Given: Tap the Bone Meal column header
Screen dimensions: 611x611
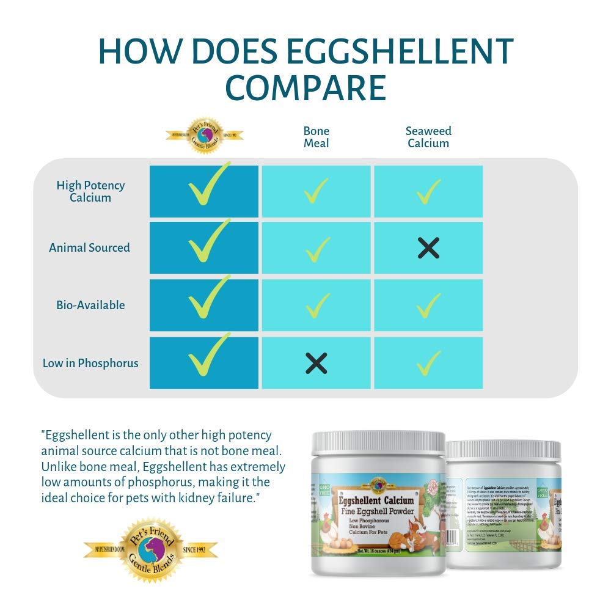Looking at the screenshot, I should click(x=316, y=137).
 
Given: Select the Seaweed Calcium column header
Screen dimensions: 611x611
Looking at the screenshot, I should click(x=428, y=137).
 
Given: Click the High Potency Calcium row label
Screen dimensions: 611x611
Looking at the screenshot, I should click(x=90, y=191).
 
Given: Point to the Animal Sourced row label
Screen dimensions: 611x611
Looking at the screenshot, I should click(x=89, y=247).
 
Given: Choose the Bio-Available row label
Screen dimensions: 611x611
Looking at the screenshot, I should click(x=90, y=305).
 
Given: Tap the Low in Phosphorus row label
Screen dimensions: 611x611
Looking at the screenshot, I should click(x=90, y=363).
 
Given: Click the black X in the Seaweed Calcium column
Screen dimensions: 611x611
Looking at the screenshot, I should click(x=428, y=247).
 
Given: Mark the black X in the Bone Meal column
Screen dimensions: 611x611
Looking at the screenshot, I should click(x=316, y=363).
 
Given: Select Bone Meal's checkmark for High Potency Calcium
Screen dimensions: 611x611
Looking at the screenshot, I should click(x=316, y=191).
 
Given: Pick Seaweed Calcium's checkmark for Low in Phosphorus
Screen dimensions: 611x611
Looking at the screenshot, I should click(x=428, y=363).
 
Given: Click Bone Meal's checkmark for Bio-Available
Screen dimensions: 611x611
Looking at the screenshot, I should click(x=316, y=305).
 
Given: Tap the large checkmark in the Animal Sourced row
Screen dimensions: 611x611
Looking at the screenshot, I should click(x=208, y=244).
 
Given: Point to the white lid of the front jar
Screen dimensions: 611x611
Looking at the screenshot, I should click(x=378, y=442).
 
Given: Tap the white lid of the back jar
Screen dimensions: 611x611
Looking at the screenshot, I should click(x=504, y=450).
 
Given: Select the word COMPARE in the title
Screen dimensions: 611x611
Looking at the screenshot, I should click(x=305, y=89).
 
